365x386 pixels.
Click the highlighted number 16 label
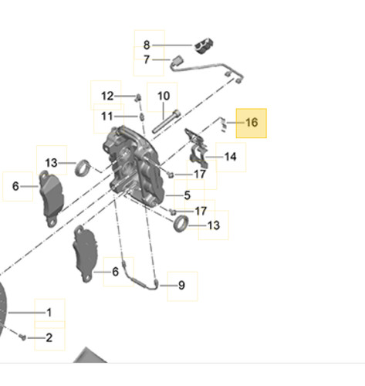click(252, 123)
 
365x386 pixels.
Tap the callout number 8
click(147, 45)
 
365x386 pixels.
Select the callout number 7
click(147, 59)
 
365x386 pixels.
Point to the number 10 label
click(164, 96)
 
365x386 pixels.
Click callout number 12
click(107, 96)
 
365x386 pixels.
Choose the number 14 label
click(230, 157)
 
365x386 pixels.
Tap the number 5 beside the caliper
click(188, 195)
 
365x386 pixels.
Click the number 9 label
click(181, 285)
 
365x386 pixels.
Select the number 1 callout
click(49, 313)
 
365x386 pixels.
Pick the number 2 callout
click(49, 337)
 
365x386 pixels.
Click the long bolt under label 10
click(166, 122)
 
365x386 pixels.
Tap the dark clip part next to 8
click(204, 46)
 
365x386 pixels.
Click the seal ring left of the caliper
click(83, 168)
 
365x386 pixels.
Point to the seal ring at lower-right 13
click(181, 223)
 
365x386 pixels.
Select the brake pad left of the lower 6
click(86, 254)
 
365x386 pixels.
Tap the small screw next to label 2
click(22, 337)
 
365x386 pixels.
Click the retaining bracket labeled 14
click(196, 147)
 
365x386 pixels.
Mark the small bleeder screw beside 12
click(138, 98)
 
